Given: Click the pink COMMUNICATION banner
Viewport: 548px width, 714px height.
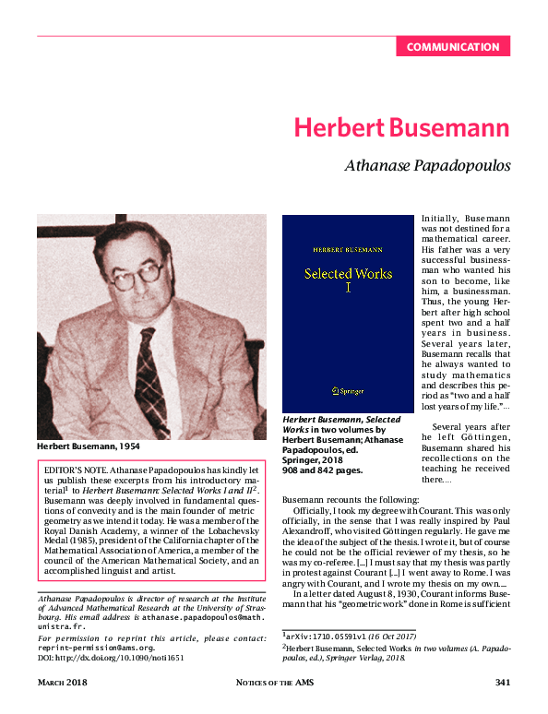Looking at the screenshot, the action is [x=452, y=47].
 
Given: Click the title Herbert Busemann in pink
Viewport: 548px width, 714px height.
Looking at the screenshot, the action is [x=401, y=128].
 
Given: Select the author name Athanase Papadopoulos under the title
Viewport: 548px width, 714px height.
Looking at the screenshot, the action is [x=427, y=167].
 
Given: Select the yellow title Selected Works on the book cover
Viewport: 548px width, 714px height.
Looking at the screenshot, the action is [x=348, y=273].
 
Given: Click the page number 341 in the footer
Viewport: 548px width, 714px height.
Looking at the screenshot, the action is [x=502, y=683].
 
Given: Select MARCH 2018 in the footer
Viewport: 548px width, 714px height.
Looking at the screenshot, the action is [x=63, y=683].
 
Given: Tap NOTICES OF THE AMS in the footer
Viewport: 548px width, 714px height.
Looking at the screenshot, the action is [x=274, y=683].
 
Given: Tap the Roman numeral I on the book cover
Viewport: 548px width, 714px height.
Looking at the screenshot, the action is [x=348, y=289].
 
